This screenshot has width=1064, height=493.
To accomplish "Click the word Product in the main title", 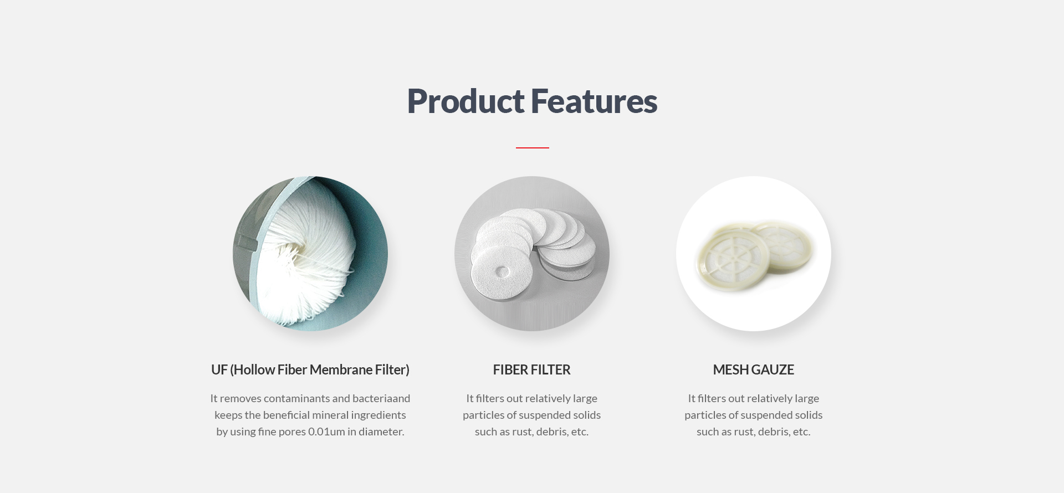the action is coord(465,102).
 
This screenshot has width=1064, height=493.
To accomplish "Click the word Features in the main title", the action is coord(594,101).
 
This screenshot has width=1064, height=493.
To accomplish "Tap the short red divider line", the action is coord(532,148).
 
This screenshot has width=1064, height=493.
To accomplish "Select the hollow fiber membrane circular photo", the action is coord(310,254).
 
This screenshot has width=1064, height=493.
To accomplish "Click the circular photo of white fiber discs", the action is coord(532,254).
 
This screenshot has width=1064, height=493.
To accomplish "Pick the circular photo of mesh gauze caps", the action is coord(754,254).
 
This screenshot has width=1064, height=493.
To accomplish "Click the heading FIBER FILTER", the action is coord(531,369).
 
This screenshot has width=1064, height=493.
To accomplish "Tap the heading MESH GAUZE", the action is coord(754,369).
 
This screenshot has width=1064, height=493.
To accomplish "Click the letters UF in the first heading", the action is coord(219,369).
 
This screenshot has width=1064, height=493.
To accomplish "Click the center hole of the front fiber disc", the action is coord(502,271).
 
